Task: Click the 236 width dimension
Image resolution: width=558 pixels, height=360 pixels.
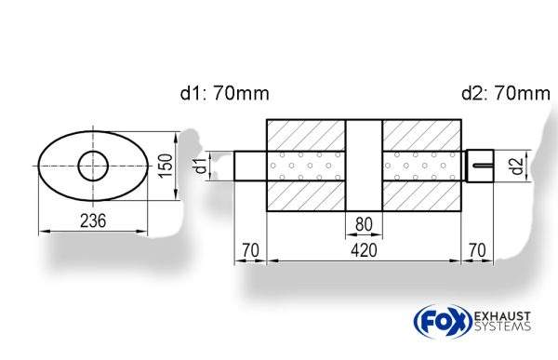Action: click(93, 220)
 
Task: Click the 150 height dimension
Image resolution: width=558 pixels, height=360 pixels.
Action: click(166, 165)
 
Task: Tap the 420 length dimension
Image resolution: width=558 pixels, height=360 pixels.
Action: click(364, 250)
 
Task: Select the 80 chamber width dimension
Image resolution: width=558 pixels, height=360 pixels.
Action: click(364, 224)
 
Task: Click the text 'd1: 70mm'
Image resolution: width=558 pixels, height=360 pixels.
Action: click(225, 94)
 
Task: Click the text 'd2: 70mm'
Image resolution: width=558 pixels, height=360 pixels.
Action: click(506, 94)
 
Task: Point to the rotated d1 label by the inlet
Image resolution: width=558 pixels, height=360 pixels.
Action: click(202, 166)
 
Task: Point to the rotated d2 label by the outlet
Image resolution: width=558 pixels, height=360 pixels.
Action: click(517, 166)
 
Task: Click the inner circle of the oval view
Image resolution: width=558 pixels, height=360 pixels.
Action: click(93, 166)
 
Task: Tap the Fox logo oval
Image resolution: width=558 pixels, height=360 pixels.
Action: click(443, 322)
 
